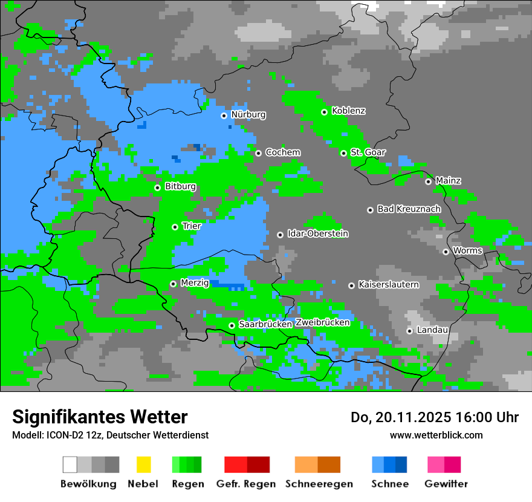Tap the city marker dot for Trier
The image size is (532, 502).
(x=175, y=227)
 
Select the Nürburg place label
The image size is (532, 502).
(x=248, y=114)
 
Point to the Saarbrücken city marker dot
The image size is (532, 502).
(x=232, y=325)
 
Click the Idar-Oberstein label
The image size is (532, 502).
(x=318, y=233)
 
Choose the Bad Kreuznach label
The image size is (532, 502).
(x=409, y=209)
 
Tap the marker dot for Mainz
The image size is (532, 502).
(x=428, y=181)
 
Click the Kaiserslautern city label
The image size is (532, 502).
(x=388, y=284)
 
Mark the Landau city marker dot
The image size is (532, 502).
(x=409, y=331)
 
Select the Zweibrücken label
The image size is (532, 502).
(x=322, y=322)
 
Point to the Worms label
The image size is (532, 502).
(x=467, y=250)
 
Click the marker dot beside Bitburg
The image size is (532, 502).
(x=157, y=187)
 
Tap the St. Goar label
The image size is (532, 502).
(x=368, y=152)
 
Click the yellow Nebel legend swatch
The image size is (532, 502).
(x=143, y=465)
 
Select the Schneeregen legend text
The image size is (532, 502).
(x=319, y=484)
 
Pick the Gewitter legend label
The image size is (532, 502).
(x=446, y=484)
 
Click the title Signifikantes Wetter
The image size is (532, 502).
(x=100, y=417)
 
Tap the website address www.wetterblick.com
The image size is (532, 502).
(x=436, y=435)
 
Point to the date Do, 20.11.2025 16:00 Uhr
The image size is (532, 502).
(x=434, y=417)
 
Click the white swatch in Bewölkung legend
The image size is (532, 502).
(x=70, y=465)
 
